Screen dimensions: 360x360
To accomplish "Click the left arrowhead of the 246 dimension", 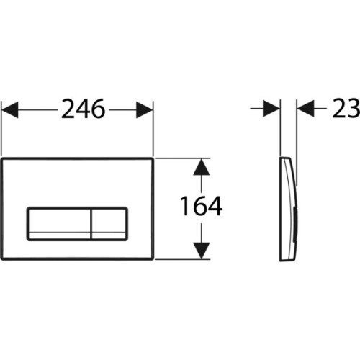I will [x=10, y=110].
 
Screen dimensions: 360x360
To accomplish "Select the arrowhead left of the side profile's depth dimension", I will [x=272, y=110].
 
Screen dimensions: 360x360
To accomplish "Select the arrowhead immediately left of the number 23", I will [x=305, y=110].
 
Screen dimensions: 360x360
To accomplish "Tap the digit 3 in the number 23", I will [x=353, y=110].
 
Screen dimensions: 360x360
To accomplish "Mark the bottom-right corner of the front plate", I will [x=153, y=258].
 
